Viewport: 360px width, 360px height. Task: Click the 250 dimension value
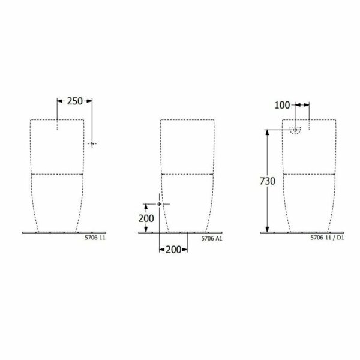[x=74, y=101]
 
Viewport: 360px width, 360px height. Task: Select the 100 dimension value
[x=282, y=105]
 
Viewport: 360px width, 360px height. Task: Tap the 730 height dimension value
[x=268, y=181]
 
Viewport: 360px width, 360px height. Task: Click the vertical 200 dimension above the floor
[x=146, y=218]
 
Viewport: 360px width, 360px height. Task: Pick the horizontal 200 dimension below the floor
[x=173, y=250]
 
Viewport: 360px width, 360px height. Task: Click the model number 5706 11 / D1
[x=327, y=238]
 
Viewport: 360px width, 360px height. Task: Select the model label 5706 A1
[x=212, y=238]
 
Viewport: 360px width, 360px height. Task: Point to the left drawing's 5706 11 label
[x=95, y=238]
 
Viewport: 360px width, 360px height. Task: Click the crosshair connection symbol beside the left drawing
[x=92, y=144]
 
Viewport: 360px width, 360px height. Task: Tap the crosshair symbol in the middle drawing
[x=160, y=204]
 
